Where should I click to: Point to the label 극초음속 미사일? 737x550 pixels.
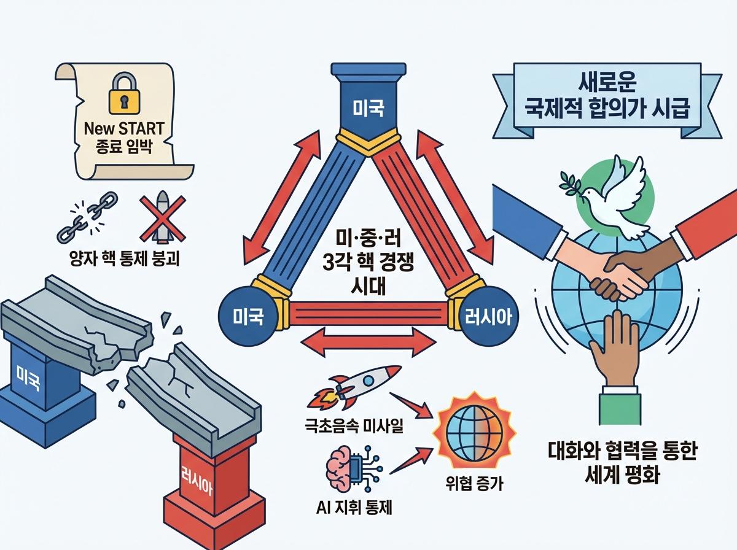click(354, 424)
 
